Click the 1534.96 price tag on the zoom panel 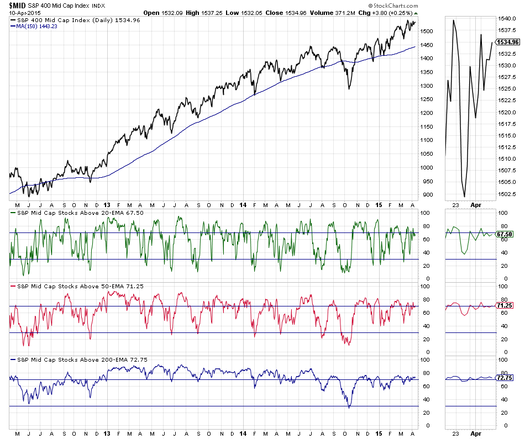click(x=508, y=42)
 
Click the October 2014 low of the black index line click(x=349, y=88)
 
